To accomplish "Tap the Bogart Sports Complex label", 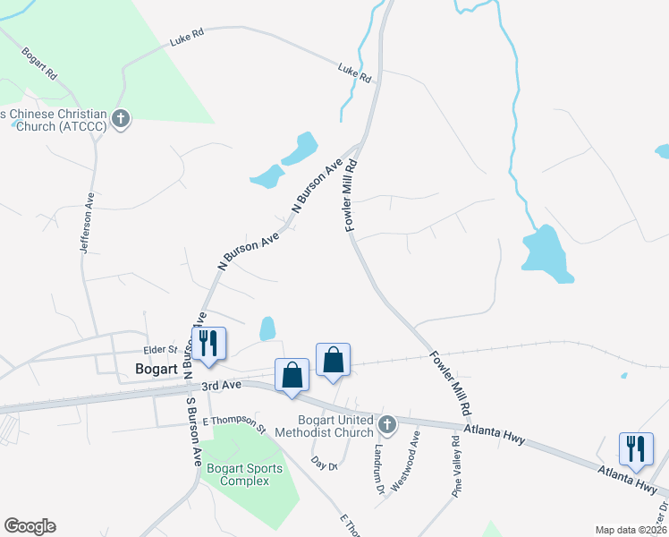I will pyautogui.click(x=244, y=474).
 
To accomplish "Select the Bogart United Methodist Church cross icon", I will pyautogui.click(x=386, y=423).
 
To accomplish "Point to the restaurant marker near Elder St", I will pyautogui.click(x=208, y=345).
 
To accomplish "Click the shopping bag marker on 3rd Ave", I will pyautogui.click(x=292, y=376).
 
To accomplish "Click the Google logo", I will pyautogui.click(x=30, y=526).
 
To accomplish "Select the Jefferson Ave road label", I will pyautogui.click(x=88, y=228).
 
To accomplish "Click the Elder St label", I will pyautogui.click(x=162, y=350).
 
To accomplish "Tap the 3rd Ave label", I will pyautogui.click(x=222, y=386).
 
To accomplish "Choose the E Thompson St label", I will pyautogui.click(x=235, y=422).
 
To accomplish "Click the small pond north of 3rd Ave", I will pyautogui.click(x=267, y=328).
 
